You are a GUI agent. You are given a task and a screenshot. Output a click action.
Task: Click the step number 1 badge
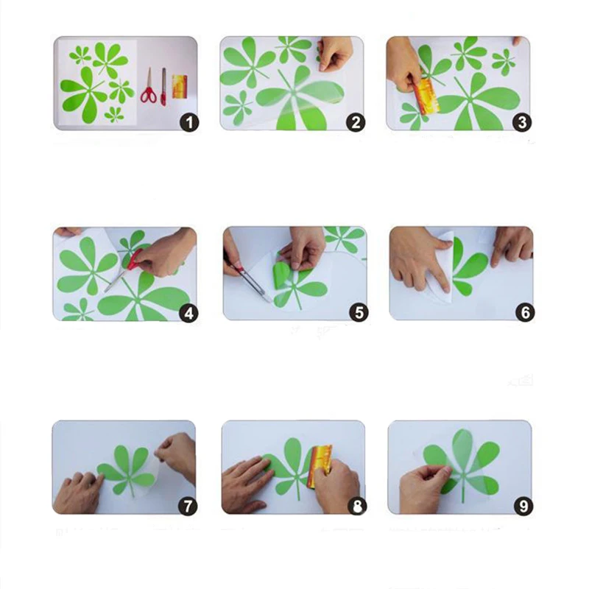point(189,122)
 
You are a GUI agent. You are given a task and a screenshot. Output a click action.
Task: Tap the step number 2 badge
point(356,122)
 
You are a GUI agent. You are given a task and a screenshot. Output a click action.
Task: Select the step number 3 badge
point(522,122)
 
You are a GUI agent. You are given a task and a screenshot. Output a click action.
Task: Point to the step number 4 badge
point(188,312)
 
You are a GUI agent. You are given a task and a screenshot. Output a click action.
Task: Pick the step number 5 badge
point(359,312)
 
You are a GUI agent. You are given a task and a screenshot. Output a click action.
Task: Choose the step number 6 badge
point(525,312)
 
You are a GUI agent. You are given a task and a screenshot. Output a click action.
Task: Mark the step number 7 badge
point(188,506)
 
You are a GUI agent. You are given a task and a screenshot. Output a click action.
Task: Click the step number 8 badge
point(357,506)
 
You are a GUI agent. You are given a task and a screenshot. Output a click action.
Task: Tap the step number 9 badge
point(523,506)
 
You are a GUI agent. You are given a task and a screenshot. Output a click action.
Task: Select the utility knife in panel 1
point(163,87)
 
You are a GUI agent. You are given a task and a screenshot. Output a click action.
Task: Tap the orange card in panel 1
point(180,86)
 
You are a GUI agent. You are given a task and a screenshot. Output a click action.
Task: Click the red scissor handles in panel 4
point(135,260)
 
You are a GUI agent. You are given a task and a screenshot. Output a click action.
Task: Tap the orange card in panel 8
point(320,467)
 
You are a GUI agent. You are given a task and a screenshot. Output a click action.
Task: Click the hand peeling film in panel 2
point(336,53)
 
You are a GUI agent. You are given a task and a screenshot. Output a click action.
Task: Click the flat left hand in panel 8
point(246,484)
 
